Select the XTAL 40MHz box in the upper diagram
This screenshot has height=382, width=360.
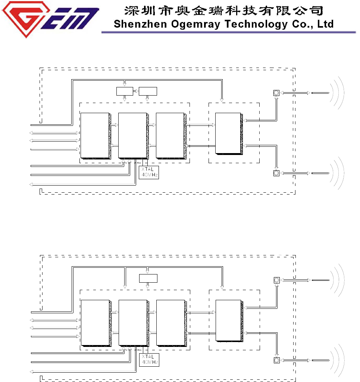click(148, 172)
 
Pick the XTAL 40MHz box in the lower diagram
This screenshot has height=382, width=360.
click(148, 360)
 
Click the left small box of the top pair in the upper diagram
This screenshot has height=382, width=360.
click(125, 91)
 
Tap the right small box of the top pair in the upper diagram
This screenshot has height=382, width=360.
click(148, 91)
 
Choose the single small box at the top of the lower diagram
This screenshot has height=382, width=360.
click(148, 278)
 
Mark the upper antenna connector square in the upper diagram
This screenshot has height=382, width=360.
click(276, 93)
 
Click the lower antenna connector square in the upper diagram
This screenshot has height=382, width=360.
click(276, 173)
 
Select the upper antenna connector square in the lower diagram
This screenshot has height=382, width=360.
click(276, 280)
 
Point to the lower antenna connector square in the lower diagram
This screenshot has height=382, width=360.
click(276, 360)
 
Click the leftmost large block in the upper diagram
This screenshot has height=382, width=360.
click(95, 135)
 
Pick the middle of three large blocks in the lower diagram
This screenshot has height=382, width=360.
click(132, 322)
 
